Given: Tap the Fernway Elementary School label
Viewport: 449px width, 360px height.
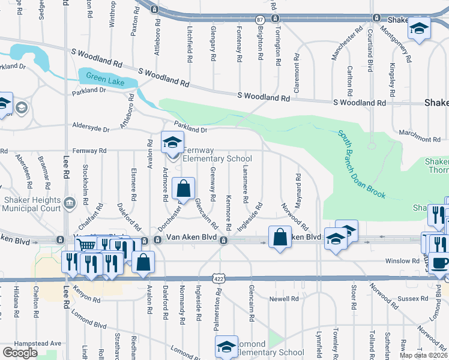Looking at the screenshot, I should click(216, 154).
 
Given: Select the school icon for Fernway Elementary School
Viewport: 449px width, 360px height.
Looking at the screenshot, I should click(172, 143).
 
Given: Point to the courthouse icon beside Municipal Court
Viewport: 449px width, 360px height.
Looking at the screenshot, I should click(71, 202).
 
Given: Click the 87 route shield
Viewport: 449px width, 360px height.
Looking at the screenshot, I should click(259, 20).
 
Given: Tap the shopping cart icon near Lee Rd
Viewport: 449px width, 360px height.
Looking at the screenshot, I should click(86, 245).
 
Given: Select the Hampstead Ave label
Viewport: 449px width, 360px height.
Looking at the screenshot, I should click(47, 343).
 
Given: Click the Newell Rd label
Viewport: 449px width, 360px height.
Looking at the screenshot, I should click(284, 298).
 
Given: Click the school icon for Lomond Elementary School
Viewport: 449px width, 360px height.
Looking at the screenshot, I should click(226, 346).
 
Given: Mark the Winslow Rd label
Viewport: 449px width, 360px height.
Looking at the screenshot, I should click(403, 261).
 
